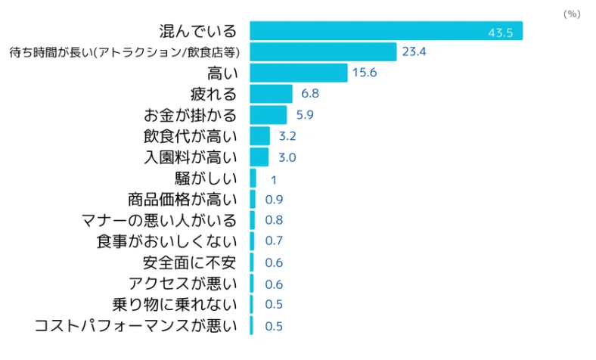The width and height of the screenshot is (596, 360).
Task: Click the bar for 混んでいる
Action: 386,31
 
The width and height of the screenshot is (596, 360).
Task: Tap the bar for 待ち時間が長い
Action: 323,52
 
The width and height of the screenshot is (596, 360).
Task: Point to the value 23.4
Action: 414,52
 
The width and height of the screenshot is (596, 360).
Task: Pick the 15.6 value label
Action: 365,73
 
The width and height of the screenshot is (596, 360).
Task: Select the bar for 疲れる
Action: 271,94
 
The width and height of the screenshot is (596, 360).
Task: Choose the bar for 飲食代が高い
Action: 259,136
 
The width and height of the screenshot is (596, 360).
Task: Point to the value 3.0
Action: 287,157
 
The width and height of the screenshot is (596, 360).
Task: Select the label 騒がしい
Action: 206,178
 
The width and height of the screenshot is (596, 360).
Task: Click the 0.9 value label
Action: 275,200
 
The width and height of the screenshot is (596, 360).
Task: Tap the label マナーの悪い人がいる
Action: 159,221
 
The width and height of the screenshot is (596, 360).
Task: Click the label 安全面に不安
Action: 190,262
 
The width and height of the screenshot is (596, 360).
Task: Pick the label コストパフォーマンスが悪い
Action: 136,326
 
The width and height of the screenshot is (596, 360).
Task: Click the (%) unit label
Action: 571,14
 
